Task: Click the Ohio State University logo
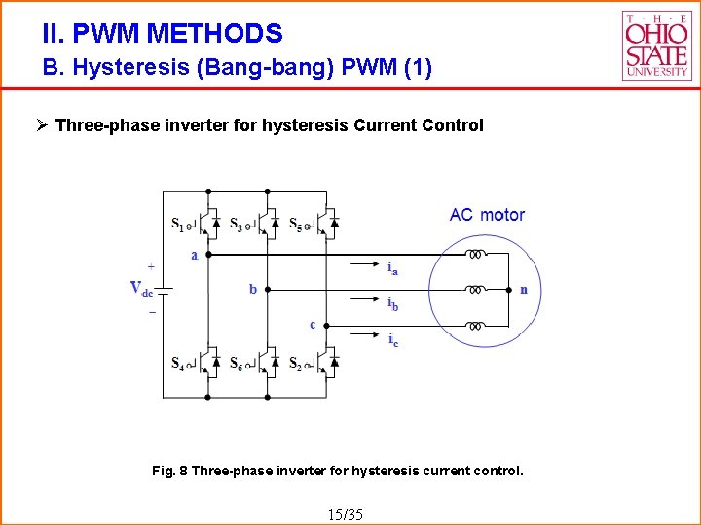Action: tap(656, 45)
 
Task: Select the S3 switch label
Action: tap(237, 225)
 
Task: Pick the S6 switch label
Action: tap(237, 364)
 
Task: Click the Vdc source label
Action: tap(141, 288)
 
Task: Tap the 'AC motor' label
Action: tap(487, 215)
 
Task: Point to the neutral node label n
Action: tap(524, 289)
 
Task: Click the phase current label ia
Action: tap(392, 269)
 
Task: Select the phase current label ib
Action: tap(392, 304)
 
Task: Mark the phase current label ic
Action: tap(392, 339)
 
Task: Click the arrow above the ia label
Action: tap(366, 262)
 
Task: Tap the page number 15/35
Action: tap(347, 513)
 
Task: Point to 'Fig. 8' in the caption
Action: tap(170, 471)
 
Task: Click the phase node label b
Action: tap(253, 289)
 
